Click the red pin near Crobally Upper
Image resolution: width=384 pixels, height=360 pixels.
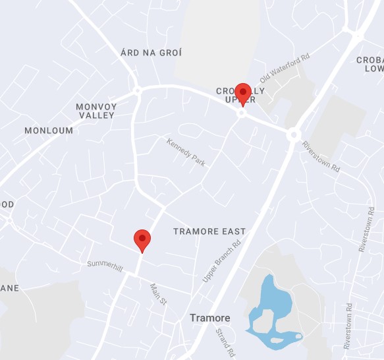coord(243,93)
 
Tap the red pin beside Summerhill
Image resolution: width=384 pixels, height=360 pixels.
coord(142,239)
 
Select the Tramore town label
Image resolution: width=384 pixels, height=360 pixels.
coord(210,318)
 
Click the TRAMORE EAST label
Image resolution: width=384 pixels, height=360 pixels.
coord(209,231)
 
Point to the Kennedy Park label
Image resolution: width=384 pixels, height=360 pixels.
coord(187,152)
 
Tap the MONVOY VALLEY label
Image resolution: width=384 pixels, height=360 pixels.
coord(96,111)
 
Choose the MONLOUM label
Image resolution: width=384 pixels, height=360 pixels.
coord(49,131)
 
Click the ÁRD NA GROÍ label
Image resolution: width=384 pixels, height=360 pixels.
coord(151,52)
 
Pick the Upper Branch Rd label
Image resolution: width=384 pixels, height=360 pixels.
coord(222,262)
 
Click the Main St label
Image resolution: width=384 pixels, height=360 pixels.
coord(159,293)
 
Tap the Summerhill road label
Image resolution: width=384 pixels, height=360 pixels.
coord(105,264)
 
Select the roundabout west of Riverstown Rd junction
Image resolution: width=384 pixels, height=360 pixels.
coord(294,134)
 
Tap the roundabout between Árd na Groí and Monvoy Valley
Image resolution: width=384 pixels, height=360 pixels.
coord(138,91)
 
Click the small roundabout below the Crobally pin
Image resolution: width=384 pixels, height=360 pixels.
coord(242,113)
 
